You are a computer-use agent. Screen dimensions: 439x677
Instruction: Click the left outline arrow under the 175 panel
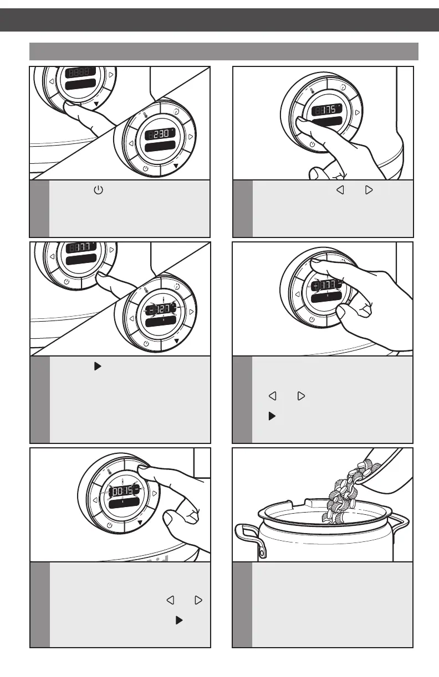click(341, 190)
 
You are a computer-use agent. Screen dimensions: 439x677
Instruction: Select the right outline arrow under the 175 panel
click(369, 190)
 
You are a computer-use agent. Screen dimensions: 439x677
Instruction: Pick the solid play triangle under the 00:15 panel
click(179, 620)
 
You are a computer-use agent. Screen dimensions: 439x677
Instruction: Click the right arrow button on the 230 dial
click(191, 136)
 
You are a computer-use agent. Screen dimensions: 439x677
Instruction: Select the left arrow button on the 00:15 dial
click(95, 500)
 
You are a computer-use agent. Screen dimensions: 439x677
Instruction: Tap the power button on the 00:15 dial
click(109, 524)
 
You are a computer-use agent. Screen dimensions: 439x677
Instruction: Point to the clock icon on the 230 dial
click(176, 109)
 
